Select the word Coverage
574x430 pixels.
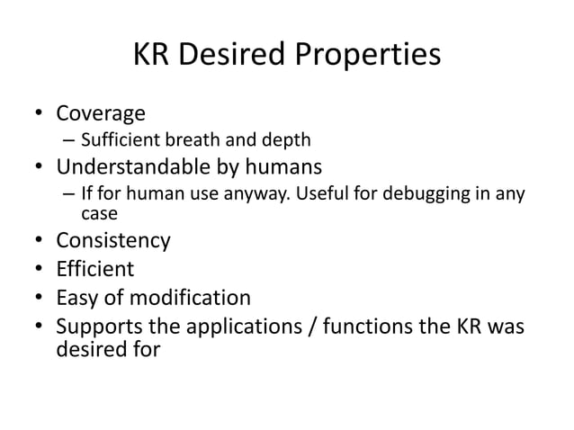point(101,114)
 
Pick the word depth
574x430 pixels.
point(287,140)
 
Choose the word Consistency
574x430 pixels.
point(113,240)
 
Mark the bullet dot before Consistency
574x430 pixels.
point(39,241)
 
